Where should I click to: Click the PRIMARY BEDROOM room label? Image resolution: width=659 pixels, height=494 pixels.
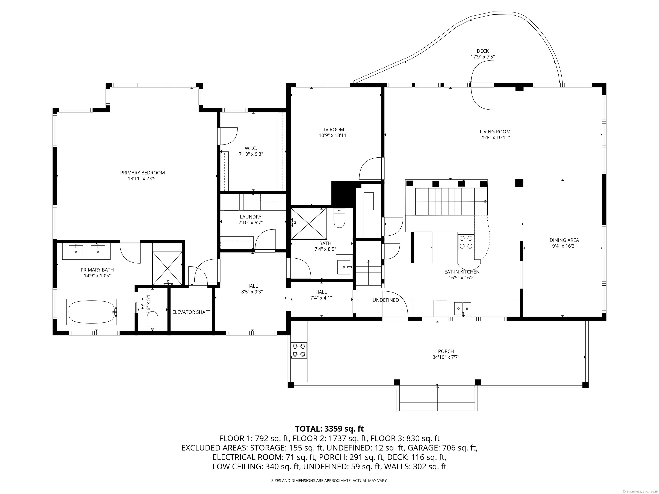pyautogui.click(x=142, y=173)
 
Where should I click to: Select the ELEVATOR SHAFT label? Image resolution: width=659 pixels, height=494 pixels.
pyautogui.click(x=191, y=312)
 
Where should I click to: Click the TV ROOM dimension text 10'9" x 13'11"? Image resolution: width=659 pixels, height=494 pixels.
pyautogui.click(x=333, y=136)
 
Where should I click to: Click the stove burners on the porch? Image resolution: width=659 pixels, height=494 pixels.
pyautogui.click(x=299, y=350)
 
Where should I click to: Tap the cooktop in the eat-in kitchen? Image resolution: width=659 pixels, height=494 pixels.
pyautogui.click(x=466, y=242)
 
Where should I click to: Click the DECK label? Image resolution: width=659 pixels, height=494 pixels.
pyautogui.click(x=483, y=51)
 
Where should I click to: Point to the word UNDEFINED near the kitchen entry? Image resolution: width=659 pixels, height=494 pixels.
pyautogui.click(x=385, y=300)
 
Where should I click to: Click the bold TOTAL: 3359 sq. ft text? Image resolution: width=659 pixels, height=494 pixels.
pyautogui.click(x=329, y=429)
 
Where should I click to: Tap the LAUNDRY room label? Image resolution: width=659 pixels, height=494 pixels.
pyautogui.click(x=251, y=217)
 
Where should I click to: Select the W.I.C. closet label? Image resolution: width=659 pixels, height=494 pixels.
pyautogui.click(x=251, y=148)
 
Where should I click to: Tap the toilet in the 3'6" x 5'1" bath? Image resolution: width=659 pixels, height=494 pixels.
pyautogui.click(x=153, y=321)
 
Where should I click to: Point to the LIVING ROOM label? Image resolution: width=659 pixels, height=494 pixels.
pyautogui.click(x=495, y=132)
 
